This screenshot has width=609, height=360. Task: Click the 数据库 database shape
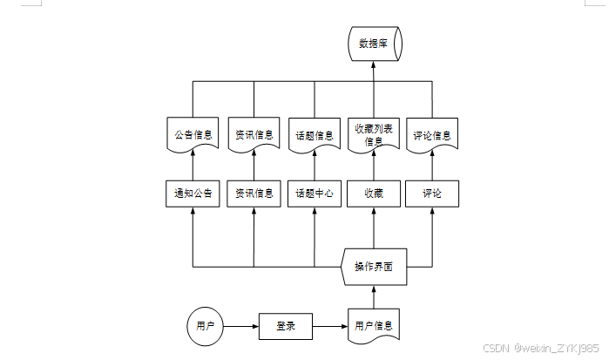(x=375, y=44)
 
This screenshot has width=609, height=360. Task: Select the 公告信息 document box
(x=193, y=135)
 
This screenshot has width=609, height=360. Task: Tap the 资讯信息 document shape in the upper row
(x=254, y=135)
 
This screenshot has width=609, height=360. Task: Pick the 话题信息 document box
(x=315, y=135)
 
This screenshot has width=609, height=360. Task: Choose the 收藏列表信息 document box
(x=374, y=134)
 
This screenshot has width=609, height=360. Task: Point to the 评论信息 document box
(x=432, y=135)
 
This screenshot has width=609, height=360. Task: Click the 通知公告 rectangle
(x=193, y=194)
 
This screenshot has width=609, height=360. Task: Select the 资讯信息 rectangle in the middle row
(x=254, y=194)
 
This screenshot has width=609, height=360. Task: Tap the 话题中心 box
(x=315, y=194)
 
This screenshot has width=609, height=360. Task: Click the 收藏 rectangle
(x=374, y=194)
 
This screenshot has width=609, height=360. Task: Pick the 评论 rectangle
(x=432, y=194)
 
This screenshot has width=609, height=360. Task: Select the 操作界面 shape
(x=374, y=266)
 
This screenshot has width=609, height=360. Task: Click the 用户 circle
(x=205, y=327)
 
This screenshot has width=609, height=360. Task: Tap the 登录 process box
(x=286, y=327)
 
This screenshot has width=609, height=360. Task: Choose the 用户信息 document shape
(x=374, y=326)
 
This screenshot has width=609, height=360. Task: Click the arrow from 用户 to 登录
(x=241, y=327)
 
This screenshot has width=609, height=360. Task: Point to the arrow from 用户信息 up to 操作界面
(x=374, y=296)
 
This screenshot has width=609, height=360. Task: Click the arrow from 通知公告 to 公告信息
(x=193, y=166)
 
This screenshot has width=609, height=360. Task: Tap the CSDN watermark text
(x=539, y=347)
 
